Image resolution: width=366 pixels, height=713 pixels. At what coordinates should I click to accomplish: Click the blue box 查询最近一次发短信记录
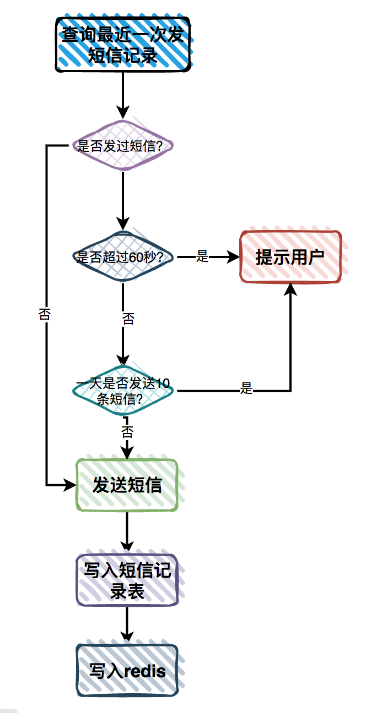tap(122, 44)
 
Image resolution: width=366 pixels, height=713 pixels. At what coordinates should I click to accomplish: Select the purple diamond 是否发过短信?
tap(122, 146)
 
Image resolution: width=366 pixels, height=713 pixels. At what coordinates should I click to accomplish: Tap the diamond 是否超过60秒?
tap(122, 256)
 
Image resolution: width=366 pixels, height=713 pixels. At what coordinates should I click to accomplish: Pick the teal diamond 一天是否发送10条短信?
tap(122, 391)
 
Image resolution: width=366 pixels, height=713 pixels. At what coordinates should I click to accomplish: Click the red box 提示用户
tap(290, 257)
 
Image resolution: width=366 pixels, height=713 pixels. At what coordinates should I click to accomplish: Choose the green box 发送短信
tap(127, 485)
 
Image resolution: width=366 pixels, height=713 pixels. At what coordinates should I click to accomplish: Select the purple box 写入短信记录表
tap(127, 580)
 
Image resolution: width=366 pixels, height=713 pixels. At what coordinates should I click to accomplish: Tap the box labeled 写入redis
tap(127, 671)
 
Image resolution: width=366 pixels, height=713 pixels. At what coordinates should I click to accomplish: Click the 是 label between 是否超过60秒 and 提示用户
tap(202, 256)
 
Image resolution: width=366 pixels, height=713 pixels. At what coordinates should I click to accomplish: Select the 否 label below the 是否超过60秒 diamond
tap(128, 319)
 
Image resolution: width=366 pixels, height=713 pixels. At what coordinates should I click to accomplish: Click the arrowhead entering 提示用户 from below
tap(290, 289)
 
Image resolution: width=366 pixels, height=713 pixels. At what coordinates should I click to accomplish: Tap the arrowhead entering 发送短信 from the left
tap(70, 485)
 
